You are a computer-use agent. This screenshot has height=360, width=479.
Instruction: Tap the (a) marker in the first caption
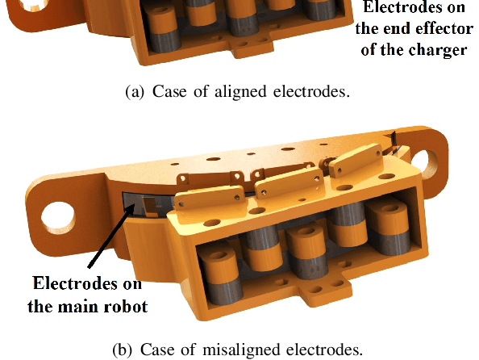click(x=135, y=91)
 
